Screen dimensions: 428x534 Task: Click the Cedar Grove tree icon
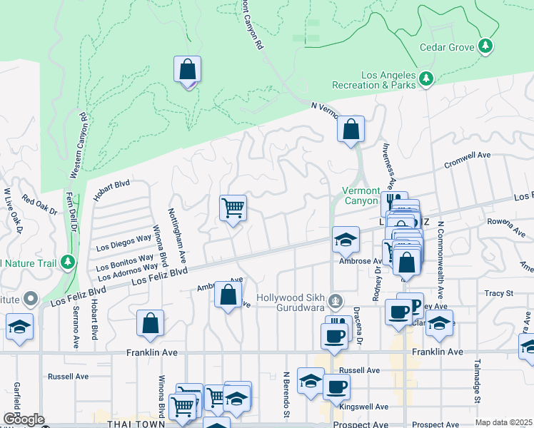(x=486, y=46)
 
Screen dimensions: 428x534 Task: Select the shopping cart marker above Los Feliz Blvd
(x=233, y=209)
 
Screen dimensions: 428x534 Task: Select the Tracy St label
(x=498, y=293)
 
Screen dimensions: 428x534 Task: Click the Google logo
(x=23, y=419)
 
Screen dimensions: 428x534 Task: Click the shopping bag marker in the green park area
(x=187, y=71)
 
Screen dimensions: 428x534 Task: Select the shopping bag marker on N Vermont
(x=351, y=131)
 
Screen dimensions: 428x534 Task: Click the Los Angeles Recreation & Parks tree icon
(x=426, y=78)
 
